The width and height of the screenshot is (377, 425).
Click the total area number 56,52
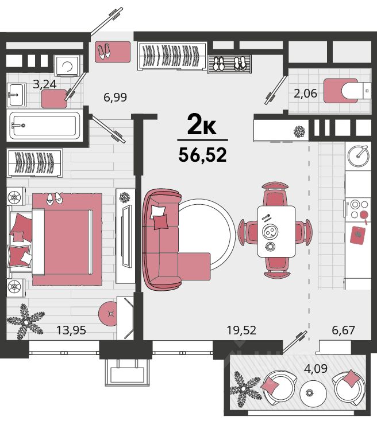pyautogui.click(x=202, y=155)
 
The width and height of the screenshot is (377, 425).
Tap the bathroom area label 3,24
pyautogui.click(x=45, y=84)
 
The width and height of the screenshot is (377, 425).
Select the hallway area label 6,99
pyautogui.click(x=115, y=97)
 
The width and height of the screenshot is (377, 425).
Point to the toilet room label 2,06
pyautogui.click(x=305, y=93)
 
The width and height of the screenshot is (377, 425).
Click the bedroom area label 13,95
pyautogui.click(x=71, y=330)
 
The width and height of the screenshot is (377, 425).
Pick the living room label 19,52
pyautogui.click(x=241, y=330)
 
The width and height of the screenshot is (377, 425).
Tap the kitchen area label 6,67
pyautogui.click(x=343, y=330)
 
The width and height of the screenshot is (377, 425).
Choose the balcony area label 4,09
pyautogui.click(x=316, y=369)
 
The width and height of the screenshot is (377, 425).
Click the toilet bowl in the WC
pyautogui.click(x=356, y=91)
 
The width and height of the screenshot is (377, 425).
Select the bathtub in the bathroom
pyautogui.click(x=45, y=126)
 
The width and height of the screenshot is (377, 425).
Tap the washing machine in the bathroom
pyautogui.click(x=67, y=65)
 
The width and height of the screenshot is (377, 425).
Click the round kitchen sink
pyautogui.click(x=358, y=156)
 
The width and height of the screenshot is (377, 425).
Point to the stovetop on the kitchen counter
pyautogui.click(x=358, y=208)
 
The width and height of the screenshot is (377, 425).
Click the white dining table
pyautogui.click(x=276, y=232)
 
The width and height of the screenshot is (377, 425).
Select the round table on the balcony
pyautogui.click(x=313, y=393)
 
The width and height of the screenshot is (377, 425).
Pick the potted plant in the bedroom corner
pyautogui.click(x=25, y=322)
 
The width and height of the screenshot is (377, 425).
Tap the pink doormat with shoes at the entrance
pyautogui.click(x=113, y=52)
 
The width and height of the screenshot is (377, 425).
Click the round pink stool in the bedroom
pyautogui.click(x=109, y=314)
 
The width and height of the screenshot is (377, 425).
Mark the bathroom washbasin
pyautogui.click(x=16, y=95)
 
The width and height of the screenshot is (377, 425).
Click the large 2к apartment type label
pyautogui.click(x=202, y=126)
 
